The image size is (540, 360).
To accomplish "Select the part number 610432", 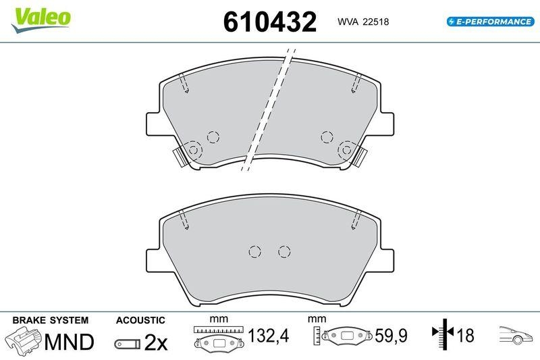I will point(269,22).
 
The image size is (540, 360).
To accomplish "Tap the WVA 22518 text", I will point(362,22).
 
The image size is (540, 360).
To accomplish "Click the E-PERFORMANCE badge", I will point(489,22).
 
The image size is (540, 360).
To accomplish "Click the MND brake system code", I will point(69,342).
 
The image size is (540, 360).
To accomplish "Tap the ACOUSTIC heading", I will point(140,319).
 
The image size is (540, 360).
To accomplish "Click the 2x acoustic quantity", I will point(155,343).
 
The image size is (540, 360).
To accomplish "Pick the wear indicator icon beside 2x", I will point(128,344).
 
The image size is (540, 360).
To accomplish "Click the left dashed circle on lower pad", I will point(254,251).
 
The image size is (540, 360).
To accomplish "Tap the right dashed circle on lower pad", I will point(283,251).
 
